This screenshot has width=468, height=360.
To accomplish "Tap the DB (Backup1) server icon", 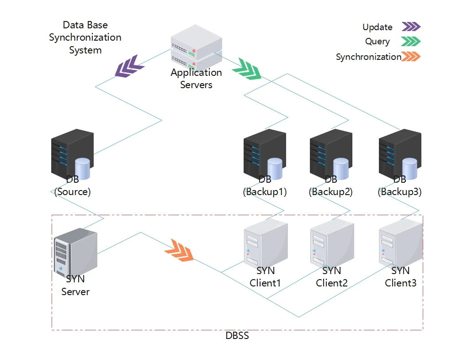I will click(265, 153).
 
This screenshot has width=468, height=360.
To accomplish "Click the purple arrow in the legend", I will click(411, 27).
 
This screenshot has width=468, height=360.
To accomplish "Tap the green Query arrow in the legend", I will click(410, 42).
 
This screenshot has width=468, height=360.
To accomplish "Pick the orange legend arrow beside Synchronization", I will click(410, 57).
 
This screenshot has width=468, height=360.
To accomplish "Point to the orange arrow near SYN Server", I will click(179, 250).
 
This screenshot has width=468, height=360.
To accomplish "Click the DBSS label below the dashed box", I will click(237, 336).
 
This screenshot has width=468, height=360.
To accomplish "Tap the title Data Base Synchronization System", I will click(85, 37).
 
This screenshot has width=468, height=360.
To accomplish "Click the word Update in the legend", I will click(378, 27).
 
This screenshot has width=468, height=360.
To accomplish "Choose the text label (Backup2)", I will click(331, 192).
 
